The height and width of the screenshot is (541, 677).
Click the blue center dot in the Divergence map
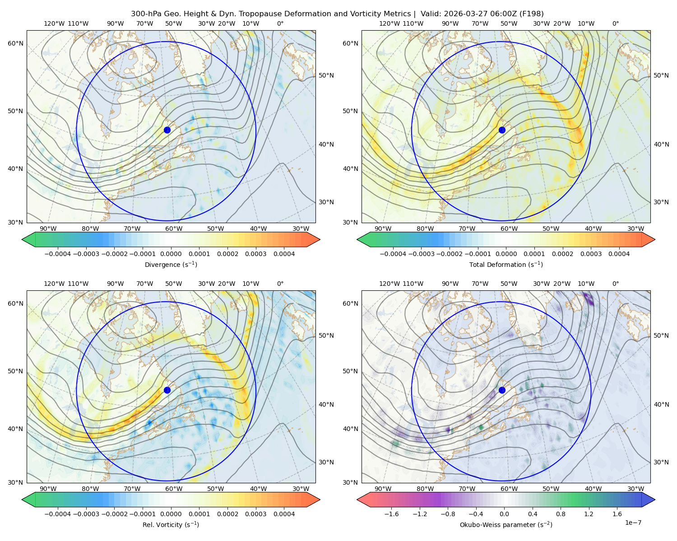click(167, 130)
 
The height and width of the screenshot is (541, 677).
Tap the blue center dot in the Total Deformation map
click(502, 130)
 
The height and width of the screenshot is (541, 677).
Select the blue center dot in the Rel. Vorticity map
click(167, 390)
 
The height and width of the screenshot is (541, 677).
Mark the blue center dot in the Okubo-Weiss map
click(502, 390)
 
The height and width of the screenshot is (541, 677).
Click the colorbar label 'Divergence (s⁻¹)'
click(171, 265)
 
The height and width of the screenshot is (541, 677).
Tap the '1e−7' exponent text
click(633, 523)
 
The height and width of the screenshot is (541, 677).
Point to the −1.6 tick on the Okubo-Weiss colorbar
click(391, 514)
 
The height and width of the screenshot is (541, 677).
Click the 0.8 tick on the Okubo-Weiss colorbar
click(561, 514)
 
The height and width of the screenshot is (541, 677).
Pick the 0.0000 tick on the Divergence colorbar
click(171, 254)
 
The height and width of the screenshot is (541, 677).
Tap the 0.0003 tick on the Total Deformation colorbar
click(591, 254)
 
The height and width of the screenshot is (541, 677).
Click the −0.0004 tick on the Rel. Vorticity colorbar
click(58, 514)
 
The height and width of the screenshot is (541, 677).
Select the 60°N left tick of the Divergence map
click(15, 43)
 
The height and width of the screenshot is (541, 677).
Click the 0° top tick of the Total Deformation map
click(615, 23)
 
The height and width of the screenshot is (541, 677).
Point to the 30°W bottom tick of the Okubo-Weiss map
click(636, 489)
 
